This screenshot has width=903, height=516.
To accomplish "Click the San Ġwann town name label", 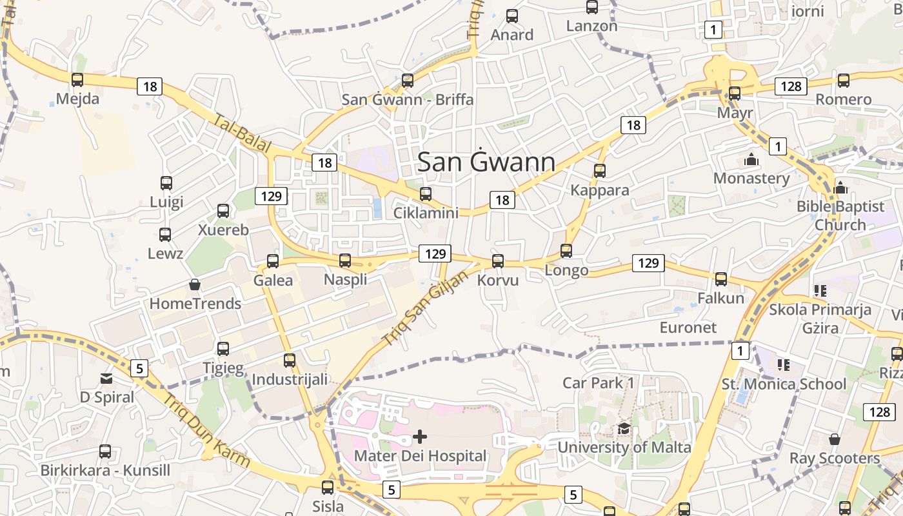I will pyautogui.click(x=486, y=162).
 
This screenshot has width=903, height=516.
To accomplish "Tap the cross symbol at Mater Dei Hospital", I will pyautogui.click(x=420, y=437).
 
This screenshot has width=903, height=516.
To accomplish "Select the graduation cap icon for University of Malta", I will pyautogui.click(x=624, y=429).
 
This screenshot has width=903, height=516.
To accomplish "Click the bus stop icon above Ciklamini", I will pyautogui.click(x=426, y=193).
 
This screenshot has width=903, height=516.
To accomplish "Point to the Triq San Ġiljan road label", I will pyautogui.click(x=424, y=307).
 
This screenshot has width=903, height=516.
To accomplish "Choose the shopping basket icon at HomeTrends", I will pyautogui.click(x=194, y=284).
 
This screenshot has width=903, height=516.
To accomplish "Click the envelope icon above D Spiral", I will pyautogui.click(x=106, y=378).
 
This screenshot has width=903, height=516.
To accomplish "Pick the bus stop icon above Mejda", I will pyautogui.click(x=77, y=80).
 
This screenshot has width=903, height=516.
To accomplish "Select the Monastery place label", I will pyautogui.click(x=751, y=178).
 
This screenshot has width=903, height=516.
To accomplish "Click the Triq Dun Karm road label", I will pyautogui.click(x=206, y=430).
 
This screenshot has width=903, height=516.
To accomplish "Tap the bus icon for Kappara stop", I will pyautogui.click(x=600, y=171).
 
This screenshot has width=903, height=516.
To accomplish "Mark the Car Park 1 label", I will pyautogui.click(x=599, y=382).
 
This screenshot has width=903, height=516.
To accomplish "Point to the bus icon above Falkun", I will pyautogui.click(x=721, y=279).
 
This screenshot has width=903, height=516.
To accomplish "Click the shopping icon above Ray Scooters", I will pyautogui.click(x=835, y=439).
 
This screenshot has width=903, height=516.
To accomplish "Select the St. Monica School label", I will pyautogui.click(x=784, y=384).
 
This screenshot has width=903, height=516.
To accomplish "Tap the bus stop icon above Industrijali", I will pyautogui.click(x=290, y=361).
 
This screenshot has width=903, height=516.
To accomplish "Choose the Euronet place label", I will pyautogui.click(x=688, y=327).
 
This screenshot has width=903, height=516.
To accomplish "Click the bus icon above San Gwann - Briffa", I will pyautogui.click(x=408, y=81).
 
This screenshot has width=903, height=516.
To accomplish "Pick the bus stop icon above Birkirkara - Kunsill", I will pyautogui.click(x=105, y=451).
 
